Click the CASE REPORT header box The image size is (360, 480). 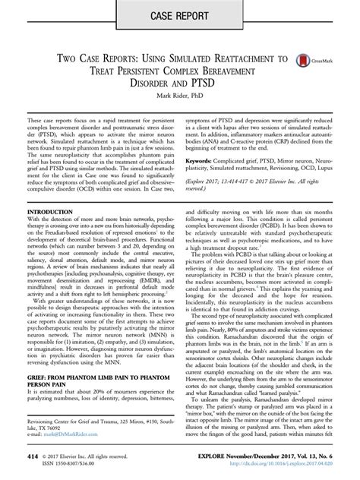(x=179, y=15)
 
